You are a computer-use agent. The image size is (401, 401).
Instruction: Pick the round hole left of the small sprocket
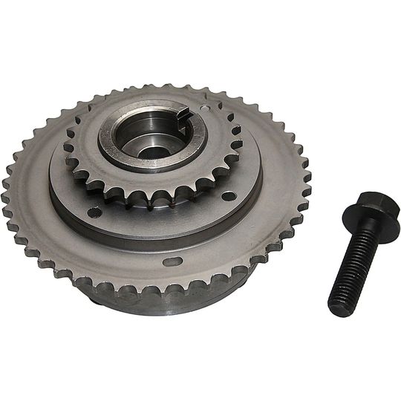pyautogui.click(x=95, y=212)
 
